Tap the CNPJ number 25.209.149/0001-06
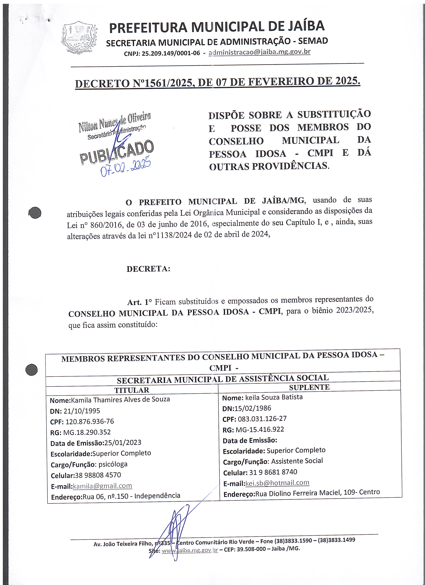[171, 53]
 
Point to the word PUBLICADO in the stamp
[116, 152]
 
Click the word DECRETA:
[148, 269]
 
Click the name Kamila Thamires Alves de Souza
[120, 399]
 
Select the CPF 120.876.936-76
[89, 421]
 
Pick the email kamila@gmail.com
[102, 486]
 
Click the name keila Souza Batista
[274, 397]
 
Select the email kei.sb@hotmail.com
[277, 483]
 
